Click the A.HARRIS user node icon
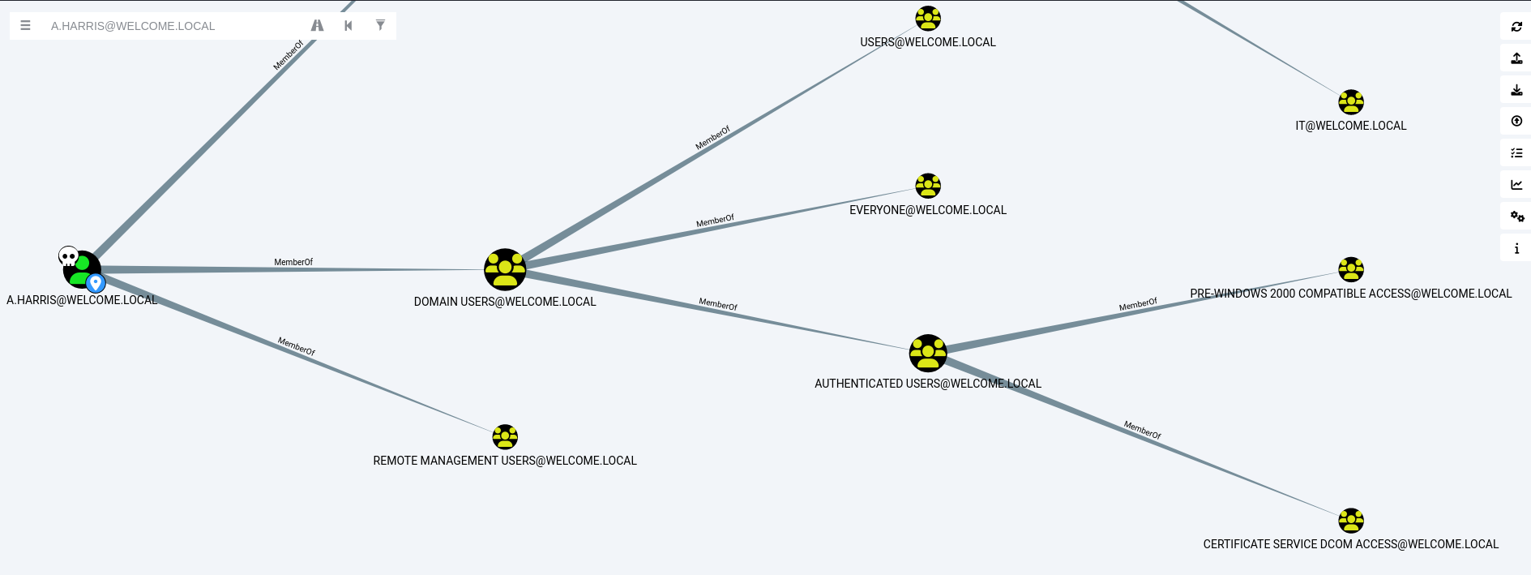pos(82,269)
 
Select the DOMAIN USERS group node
pos(505,269)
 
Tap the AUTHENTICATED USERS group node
pos(928,353)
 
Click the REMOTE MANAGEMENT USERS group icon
pos(505,437)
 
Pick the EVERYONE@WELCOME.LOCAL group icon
pos(928,186)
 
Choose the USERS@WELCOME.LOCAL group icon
pos(928,18)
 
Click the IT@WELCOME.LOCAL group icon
pos(1351,102)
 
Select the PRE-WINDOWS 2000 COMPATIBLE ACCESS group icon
pos(1351,269)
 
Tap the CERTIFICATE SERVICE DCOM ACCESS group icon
pos(1351,521)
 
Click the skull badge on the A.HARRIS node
pos(69,257)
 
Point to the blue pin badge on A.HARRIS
pos(96,283)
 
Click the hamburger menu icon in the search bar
pos(26,26)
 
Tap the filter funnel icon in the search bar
pos(380,25)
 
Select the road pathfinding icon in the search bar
pos(317,26)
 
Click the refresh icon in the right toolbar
pos(1516,27)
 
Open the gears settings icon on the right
pos(1516,217)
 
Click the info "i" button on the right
pos(1516,248)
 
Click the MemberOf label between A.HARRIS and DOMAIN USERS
pos(293,262)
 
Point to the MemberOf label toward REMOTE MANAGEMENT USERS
pos(297,346)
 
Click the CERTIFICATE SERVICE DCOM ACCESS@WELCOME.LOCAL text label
pos(1350,544)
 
